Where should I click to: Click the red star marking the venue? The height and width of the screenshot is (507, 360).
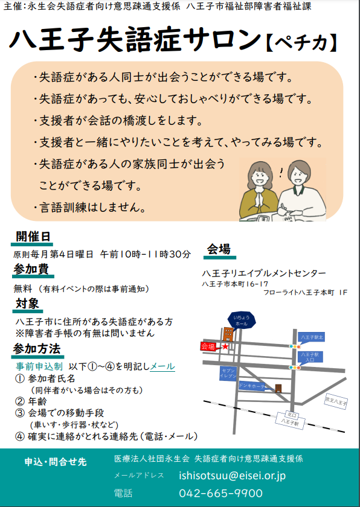tap(225, 346)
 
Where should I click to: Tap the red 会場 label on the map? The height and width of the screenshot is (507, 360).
tap(208, 346)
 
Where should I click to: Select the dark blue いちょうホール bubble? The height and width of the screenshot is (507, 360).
tap(242, 320)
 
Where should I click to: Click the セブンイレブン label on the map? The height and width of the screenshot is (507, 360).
tap(228, 374)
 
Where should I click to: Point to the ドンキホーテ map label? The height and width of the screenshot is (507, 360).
tap(252, 386)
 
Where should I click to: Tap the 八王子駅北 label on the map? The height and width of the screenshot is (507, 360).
tap(312, 337)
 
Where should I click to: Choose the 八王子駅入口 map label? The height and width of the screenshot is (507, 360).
tap(310, 357)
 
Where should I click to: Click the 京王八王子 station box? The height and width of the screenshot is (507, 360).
tap(336, 401)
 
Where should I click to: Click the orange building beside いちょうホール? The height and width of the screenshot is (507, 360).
tap(228, 334)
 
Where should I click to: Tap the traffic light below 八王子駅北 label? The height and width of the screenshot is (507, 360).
tap(295, 346)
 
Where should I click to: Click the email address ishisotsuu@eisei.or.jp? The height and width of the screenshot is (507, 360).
tap(232, 476)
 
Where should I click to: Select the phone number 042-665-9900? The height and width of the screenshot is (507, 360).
tap(220, 493)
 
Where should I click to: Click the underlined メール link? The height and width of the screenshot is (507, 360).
tap(162, 366)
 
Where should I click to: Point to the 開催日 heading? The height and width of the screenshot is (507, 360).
tap(33, 237)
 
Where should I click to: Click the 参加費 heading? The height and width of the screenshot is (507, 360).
tap(31, 269)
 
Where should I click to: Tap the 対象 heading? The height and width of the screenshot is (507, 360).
tap(28, 304)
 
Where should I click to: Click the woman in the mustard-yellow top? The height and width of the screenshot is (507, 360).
tap(259, 191)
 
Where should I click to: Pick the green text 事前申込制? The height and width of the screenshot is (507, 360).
tap(39, 366)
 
